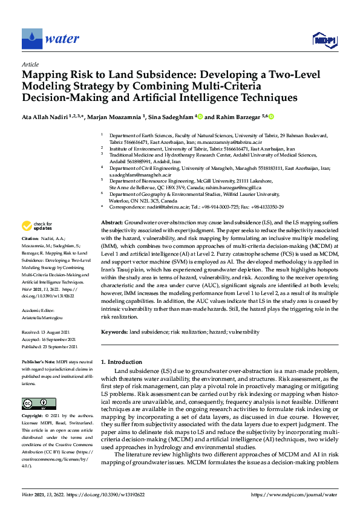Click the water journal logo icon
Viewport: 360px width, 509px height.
click(31, 39)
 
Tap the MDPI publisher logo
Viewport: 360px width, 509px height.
click(324, 39)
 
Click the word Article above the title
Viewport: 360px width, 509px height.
click(30, 64)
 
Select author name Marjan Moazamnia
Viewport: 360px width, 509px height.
click(114, 116)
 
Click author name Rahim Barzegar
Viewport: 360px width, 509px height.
click(235, 116)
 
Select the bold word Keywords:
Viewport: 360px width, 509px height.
click(115, 332)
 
